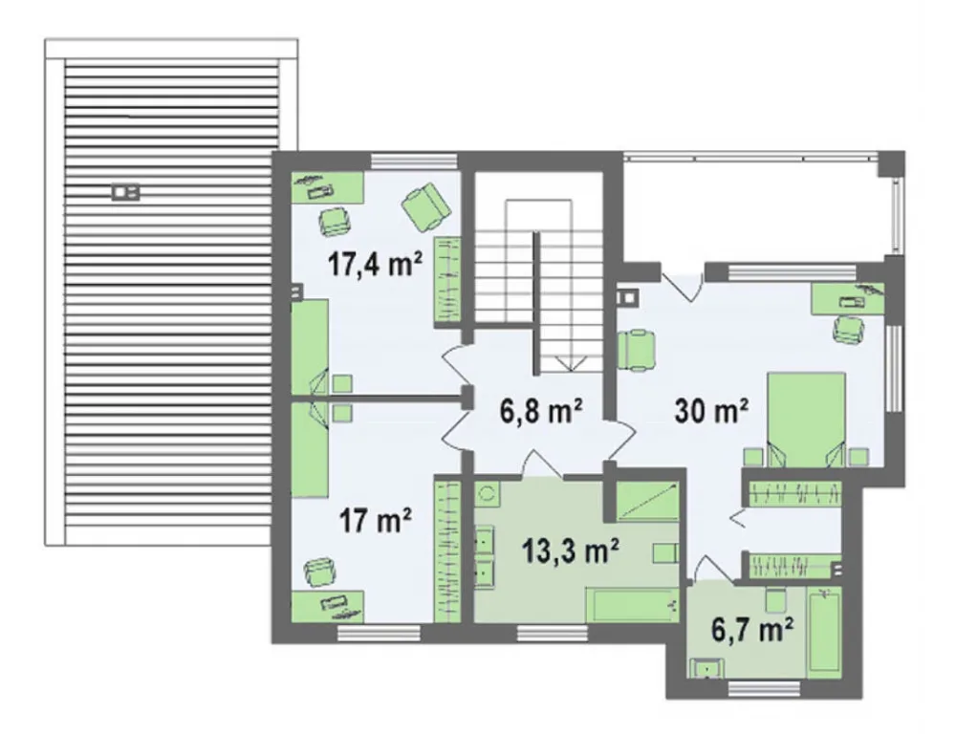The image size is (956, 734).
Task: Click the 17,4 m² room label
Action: (375, 264)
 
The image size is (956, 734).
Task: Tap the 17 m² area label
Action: (375, 521)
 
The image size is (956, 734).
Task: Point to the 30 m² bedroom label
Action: (711, 410)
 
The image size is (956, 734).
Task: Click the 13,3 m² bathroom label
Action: (571, 551)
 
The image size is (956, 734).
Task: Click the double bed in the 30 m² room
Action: (806, 420)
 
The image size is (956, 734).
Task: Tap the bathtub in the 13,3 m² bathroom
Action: (632, 605)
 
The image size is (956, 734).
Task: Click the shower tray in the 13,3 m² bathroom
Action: (647, 501)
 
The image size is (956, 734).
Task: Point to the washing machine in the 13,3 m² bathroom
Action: (488, 494)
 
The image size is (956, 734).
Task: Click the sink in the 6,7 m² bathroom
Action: (707, 668)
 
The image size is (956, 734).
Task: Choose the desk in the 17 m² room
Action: (328, 606)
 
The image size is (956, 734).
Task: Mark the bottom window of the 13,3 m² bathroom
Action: (553, 634)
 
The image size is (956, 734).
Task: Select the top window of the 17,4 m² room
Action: (414, 161)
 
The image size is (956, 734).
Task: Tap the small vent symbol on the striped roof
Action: (125, 193)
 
